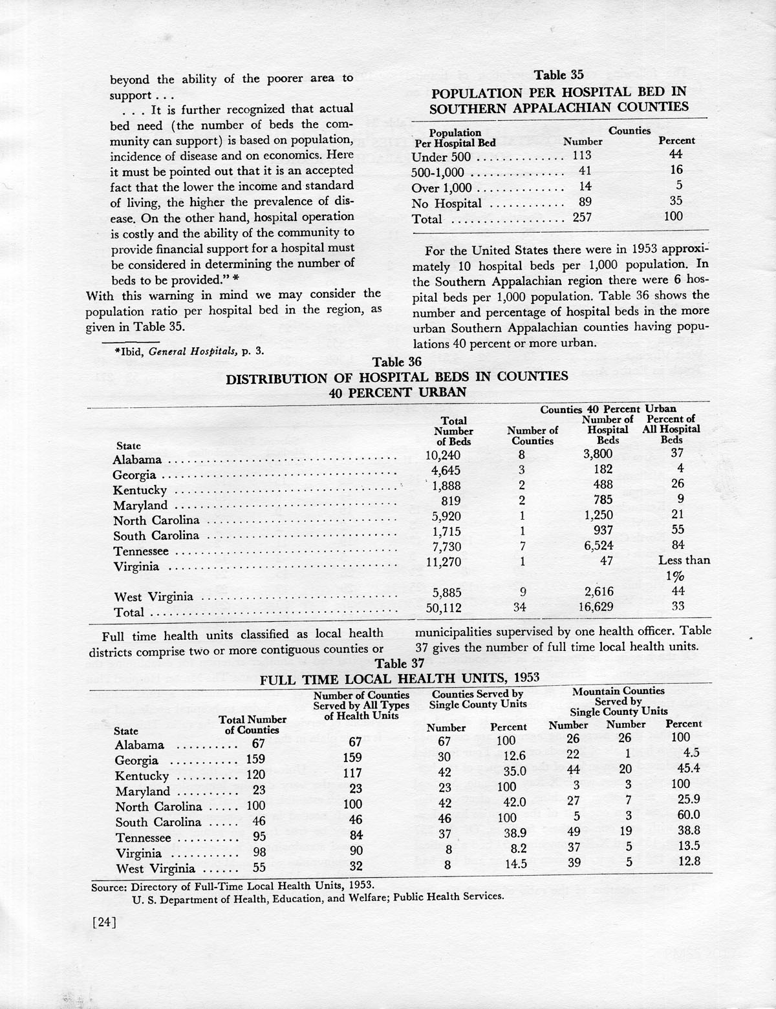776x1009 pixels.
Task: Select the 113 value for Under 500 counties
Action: click(x=582, y=155)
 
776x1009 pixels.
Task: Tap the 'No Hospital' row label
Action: click(x=446, y=203)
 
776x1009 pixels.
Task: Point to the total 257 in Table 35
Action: click(x=582, y=218)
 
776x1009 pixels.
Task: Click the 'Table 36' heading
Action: click(x=397, y=362)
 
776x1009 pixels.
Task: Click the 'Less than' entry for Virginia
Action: click(x=684, y=560)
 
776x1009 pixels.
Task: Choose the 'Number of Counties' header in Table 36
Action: click(x=532, y=436)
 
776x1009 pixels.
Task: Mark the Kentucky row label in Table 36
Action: click(x=140, y=491)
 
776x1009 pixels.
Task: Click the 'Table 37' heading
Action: click(x=400, y=664)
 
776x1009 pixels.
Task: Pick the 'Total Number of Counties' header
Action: click(x=252, y=725)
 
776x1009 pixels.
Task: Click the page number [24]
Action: click(x=104, y=923)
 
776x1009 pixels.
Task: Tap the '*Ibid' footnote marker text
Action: click(x=125, y=351)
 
